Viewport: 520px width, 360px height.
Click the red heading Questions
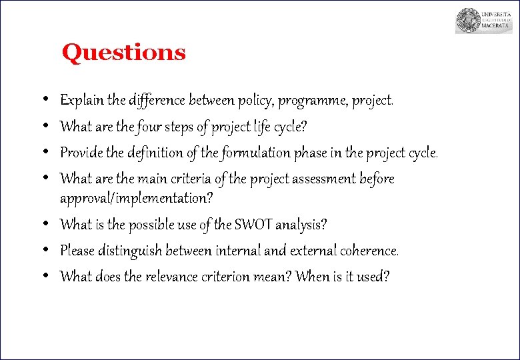pyautogui.click(x=123, y=52)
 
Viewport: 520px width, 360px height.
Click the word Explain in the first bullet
pyautogui.click(x=82, y=101)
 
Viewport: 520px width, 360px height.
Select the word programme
pyautogui.click(x=307, y=101)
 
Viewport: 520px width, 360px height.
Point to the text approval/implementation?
pyautogui.click(x=137, y=198)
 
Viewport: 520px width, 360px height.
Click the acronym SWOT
pyautogui.click(x=251, y=225)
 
